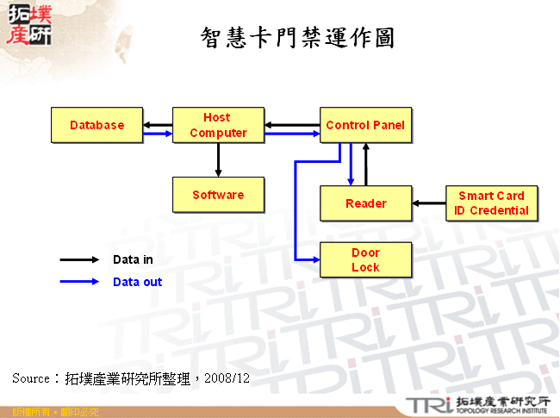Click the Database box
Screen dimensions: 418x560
pos(97,125)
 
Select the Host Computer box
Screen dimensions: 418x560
pos(218,125)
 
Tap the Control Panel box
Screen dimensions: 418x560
pos(365,125)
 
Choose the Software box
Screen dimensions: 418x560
pos(218,195)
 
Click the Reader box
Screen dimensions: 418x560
pos(365,203)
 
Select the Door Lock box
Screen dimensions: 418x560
pos(365,260)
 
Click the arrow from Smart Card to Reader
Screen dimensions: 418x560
pos(428,203)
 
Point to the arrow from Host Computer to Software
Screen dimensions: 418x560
pos(218,159)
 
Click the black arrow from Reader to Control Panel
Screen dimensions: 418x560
pos(366,165)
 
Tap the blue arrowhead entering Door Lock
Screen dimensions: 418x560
pos(314,259)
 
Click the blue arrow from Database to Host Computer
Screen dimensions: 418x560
pos(158,134)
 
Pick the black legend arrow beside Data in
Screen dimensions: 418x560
pos(79,259)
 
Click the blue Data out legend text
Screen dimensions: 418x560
pos(137,282)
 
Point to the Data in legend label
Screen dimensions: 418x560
pos(133,259)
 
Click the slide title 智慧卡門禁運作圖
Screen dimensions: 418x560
pos(297,38)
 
